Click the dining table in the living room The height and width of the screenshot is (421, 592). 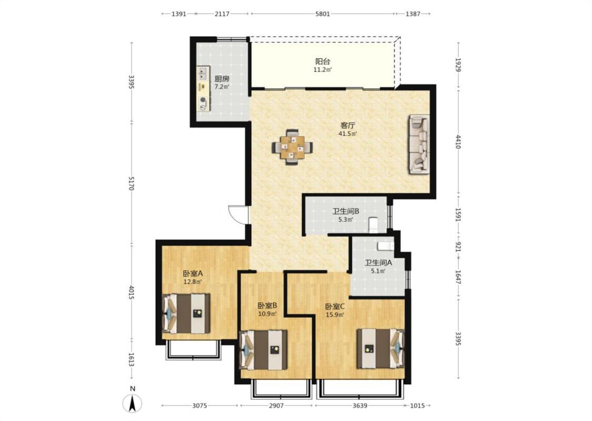pyautogui.click(x=292, y=147)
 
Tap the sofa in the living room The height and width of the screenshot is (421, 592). pyautogui.click(x=419, y=144)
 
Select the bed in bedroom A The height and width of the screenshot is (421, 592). pyautogui.click(x=186, y=314)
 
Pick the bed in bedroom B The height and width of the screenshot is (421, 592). pyautogui.click(x=264, y=350)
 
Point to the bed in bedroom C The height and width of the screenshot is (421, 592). pyautogui.click(x=380, y=348)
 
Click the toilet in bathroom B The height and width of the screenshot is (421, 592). pyautogui.click(x=373, y=224)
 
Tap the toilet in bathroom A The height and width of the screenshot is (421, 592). pyautogui.click(x=385, y=246)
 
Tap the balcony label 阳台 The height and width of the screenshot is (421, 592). pyautogui.click(x=323, y=61)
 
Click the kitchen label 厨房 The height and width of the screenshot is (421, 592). pyautogui.click(x=222, y=78)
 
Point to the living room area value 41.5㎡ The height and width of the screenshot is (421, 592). pyautogui.click(x=348, y=134)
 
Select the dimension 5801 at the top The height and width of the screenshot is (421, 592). pyautogui.click(x=323, y=14)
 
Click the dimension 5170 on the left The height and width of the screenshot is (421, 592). pyautogui.click(x=131, y=183)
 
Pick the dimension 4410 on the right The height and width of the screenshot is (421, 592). pyautogui.click(x=458, y=142)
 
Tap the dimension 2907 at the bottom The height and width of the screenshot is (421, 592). pyautogui.click(x=276, y=406)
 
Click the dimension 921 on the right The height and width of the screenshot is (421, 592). pyautogui.click(x=458, y=247)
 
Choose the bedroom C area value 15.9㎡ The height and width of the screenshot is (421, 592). pyautogui.click(x=335, y=315)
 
